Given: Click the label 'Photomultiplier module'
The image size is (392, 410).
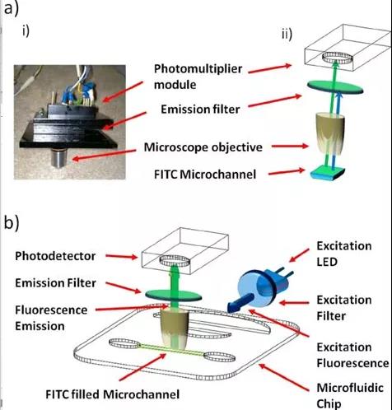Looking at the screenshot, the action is (x=198, y=77).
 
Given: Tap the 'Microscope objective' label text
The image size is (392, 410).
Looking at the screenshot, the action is (x=203, y=147).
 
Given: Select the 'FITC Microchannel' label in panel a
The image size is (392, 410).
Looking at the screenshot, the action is (x=205, y=175).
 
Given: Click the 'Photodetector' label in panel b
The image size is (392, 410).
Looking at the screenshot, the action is (x=55, y=256).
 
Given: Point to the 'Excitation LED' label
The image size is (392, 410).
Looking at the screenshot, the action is (x=344, y=254).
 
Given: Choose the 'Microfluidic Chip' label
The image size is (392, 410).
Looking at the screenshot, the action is (x=350, y=396).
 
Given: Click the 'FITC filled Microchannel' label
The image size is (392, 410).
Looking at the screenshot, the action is (x=112, y=394).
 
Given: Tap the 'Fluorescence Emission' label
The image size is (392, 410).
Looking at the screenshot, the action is (x=51, y=318).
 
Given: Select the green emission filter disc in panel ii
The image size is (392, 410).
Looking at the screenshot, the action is (x=335, y=86).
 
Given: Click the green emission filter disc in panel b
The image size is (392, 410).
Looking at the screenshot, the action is (x=173, y=295).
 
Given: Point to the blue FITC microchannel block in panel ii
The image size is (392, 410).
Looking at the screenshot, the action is (x=328, y=174).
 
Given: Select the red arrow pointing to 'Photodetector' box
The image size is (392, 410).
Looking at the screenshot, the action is (x=121, y=257).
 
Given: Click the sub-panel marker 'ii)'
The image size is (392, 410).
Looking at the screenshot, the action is (x=287, y=35).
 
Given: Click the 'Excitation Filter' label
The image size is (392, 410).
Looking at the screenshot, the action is (x=344, y=308).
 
